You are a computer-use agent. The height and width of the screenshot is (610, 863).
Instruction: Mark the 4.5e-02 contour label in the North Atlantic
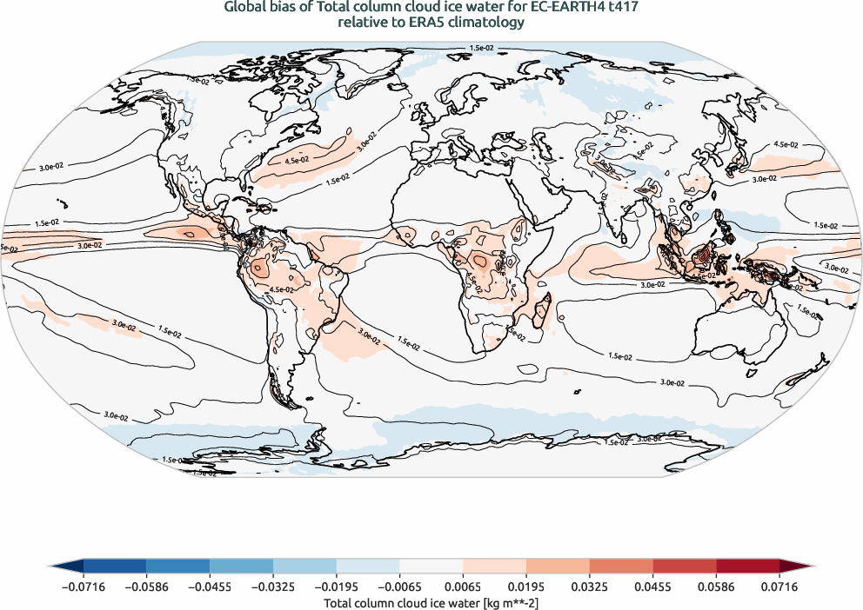296,160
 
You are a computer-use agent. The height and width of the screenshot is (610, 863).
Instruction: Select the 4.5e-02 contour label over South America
279,288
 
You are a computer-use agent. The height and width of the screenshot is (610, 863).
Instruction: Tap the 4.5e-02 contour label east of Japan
786,144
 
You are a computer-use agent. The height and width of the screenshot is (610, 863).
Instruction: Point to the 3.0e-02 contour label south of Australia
670,382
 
